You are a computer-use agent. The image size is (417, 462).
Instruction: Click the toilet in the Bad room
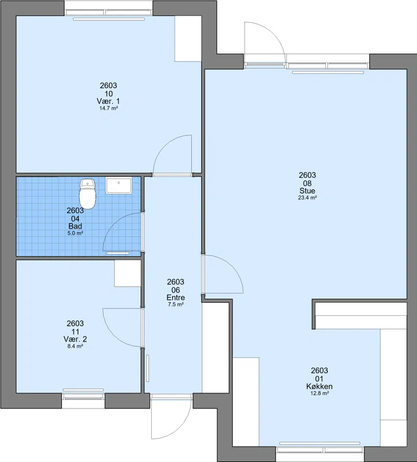coord(88,194)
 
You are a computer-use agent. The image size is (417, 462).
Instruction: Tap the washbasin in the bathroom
coord(119,186)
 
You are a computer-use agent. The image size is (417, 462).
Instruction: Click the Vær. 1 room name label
coord(108,101)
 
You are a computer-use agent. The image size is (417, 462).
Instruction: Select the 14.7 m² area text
coord(108,108)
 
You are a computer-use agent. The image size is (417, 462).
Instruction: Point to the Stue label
coord(307,190)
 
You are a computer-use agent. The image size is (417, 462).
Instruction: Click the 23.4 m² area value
coord(307,198)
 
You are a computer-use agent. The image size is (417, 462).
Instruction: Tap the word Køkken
coord(320,386)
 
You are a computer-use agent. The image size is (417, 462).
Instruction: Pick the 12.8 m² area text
coord(320,393)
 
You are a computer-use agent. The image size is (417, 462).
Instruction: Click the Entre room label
coord(176,297)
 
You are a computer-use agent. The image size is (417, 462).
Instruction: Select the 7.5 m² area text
coord(176,304)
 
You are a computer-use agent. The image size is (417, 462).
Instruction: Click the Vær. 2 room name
coord(75,339)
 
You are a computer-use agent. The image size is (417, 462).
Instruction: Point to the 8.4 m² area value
coord(75,346)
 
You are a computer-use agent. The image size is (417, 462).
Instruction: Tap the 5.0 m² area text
coord(75,234)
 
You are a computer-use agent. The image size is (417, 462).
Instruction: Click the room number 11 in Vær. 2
coord(75,331)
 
